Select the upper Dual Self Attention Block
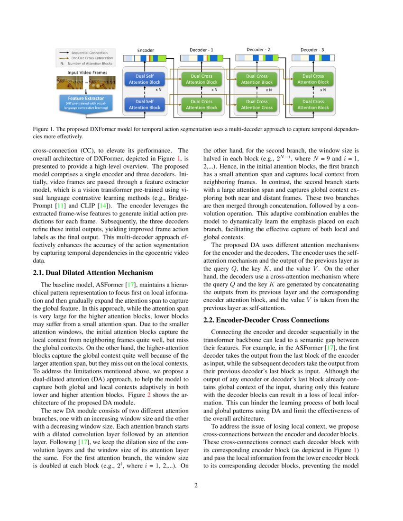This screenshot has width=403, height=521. pos(145,79)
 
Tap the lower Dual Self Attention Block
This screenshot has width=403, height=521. pos(145,104)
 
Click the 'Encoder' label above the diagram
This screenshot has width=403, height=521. pos(146,50)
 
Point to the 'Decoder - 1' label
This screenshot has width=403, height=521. pos(201,50)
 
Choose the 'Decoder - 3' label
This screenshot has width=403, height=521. pos(312,50)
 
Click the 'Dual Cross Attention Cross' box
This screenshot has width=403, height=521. pos(257,104)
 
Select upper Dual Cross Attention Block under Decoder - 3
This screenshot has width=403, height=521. pos(313,79)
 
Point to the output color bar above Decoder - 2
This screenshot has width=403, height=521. pos(257,58)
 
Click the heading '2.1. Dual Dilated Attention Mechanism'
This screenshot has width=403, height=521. pos(93,272)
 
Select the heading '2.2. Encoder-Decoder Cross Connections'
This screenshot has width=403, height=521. pos(266,320)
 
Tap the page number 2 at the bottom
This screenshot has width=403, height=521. pos(201,485)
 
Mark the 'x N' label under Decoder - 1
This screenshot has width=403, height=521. pos(214,90)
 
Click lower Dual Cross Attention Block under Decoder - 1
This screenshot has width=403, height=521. pos(201,104)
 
